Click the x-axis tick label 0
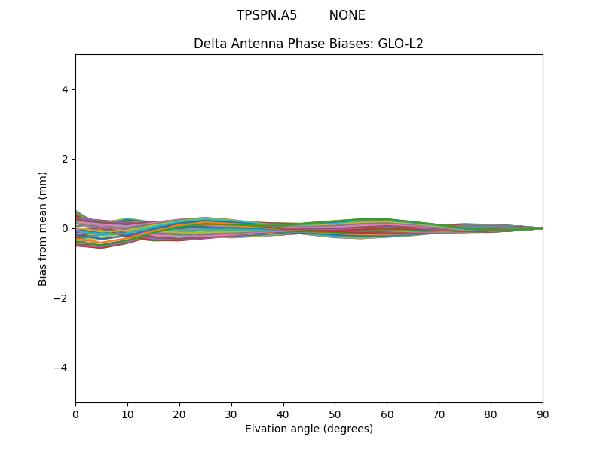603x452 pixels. (75, 414)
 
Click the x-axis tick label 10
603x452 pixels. (127, 414)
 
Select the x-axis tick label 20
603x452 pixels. (179, 414)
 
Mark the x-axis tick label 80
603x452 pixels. (491, 414)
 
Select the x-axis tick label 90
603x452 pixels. (543, 414)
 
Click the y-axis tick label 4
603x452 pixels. (65, 90)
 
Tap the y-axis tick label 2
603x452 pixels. (65, 159)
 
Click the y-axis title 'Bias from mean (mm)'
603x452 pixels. (44, 228)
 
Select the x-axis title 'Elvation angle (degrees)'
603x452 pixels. (309, 429)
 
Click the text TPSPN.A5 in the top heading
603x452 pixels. (267, 15)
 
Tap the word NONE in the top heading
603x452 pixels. (347, 15)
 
